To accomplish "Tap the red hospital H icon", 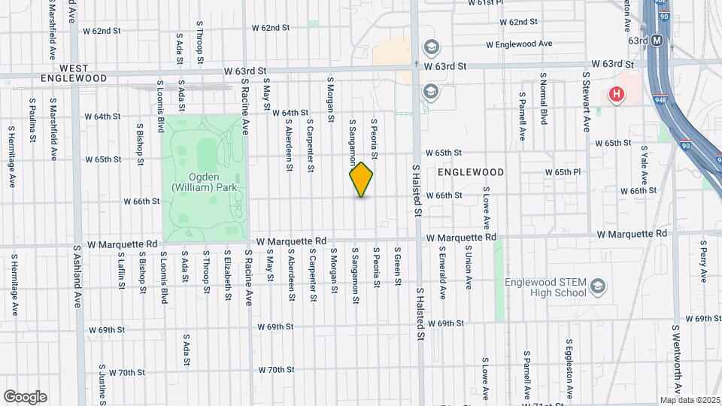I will pos(617,94).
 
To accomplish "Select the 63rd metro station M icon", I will pos(657,41).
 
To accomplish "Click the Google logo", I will pos(25,397).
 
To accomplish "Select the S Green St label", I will pos(397,267).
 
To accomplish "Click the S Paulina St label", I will pos(32,120).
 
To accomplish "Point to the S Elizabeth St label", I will pos(227,274).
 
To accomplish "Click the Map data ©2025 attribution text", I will pos(690,400).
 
